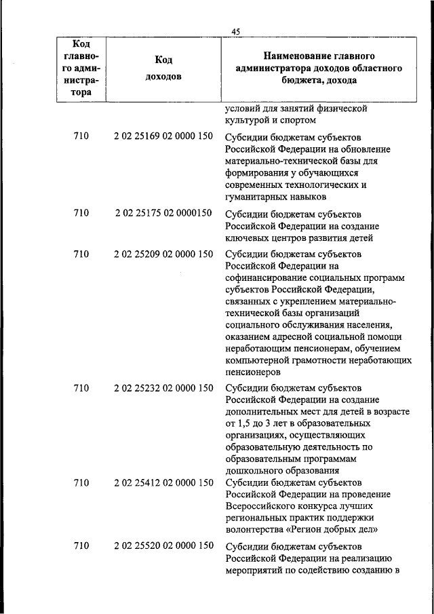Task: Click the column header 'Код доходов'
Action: [163, 68]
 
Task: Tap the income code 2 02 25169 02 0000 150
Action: [163, 137]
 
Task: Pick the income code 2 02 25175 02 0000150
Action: [163, 214]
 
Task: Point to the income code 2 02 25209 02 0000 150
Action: [163, 254]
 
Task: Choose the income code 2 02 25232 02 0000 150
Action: [163, 388]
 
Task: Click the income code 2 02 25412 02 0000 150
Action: [163, 482]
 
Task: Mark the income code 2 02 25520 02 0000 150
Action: [163, 545]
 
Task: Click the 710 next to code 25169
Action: [81, 137]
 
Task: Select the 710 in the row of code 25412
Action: [81, 482]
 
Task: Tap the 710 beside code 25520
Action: [81, 546]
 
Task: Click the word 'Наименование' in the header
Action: [295, 56]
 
